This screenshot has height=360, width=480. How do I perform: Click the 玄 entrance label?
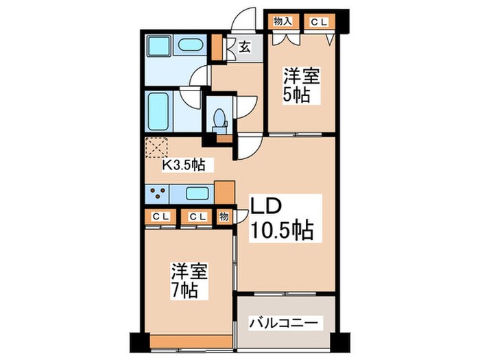point(245,48)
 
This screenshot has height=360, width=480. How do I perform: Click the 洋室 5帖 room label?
point(302,86)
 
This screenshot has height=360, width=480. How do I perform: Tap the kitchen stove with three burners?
point(156,193)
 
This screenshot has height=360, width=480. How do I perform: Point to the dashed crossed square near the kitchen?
point(158,147)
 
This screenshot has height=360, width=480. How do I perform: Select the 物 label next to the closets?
point(224,217)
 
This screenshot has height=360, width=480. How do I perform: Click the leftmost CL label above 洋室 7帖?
point(160,217)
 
